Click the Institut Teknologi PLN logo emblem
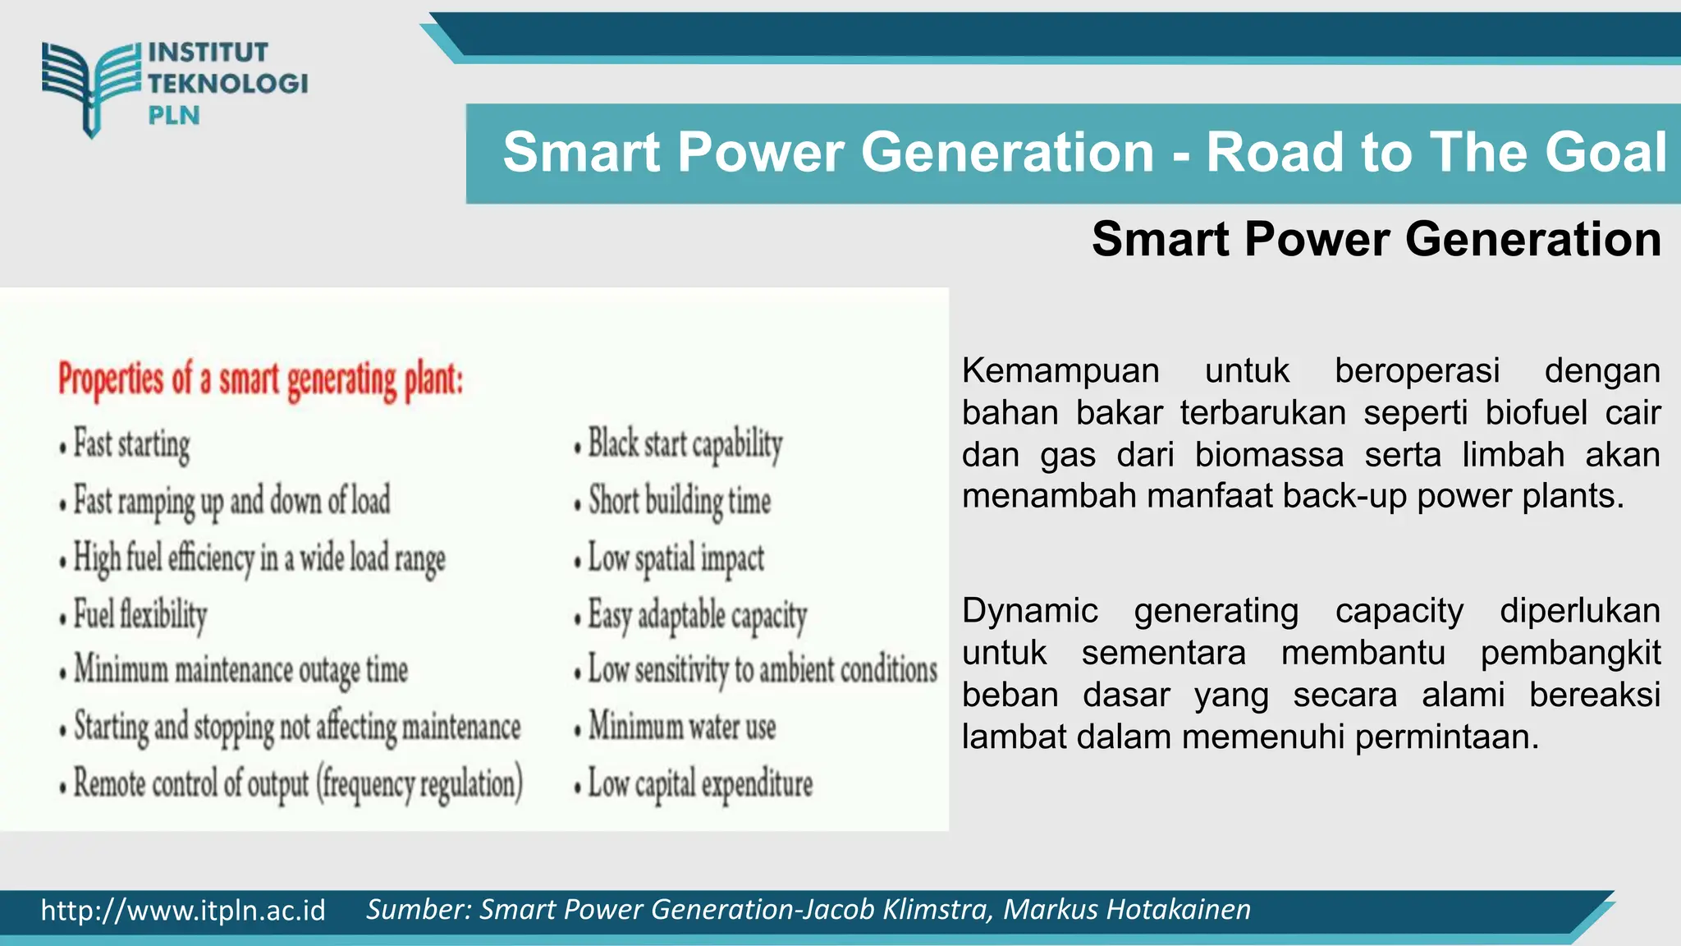90,87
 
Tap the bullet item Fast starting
131,444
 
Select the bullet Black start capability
685,444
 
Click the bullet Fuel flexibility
140,614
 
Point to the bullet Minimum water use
681,727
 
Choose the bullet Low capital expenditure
699,783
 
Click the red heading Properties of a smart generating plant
261,380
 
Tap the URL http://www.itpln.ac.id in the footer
183,911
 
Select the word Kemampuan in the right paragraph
1060,371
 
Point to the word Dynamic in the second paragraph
1029,611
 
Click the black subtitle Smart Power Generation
1376,239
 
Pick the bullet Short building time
680,501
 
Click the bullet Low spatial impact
676,558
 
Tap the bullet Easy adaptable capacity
698,615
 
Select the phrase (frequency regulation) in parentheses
419,783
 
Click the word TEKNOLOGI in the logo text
227,83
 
